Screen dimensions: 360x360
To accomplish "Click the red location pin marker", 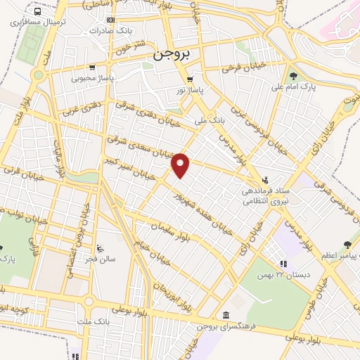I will click(x=181, y=166).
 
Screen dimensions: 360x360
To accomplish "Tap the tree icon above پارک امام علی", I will click(x=292, y=76).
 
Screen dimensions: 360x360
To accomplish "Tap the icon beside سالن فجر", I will click(x=100, y=247).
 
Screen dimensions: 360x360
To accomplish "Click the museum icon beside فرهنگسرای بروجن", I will click(x=225, y=314).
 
